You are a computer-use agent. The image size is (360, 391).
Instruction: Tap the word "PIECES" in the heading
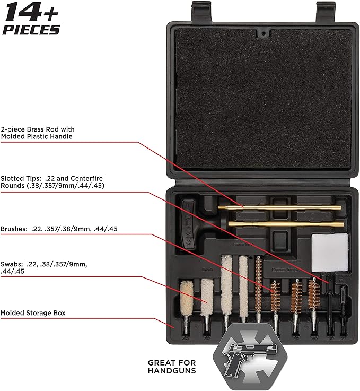click(x=31, y=30)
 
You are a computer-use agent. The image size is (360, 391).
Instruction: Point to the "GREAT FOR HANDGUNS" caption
click(x=171, y=367)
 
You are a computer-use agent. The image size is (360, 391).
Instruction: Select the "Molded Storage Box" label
click(x=33, y=313)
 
